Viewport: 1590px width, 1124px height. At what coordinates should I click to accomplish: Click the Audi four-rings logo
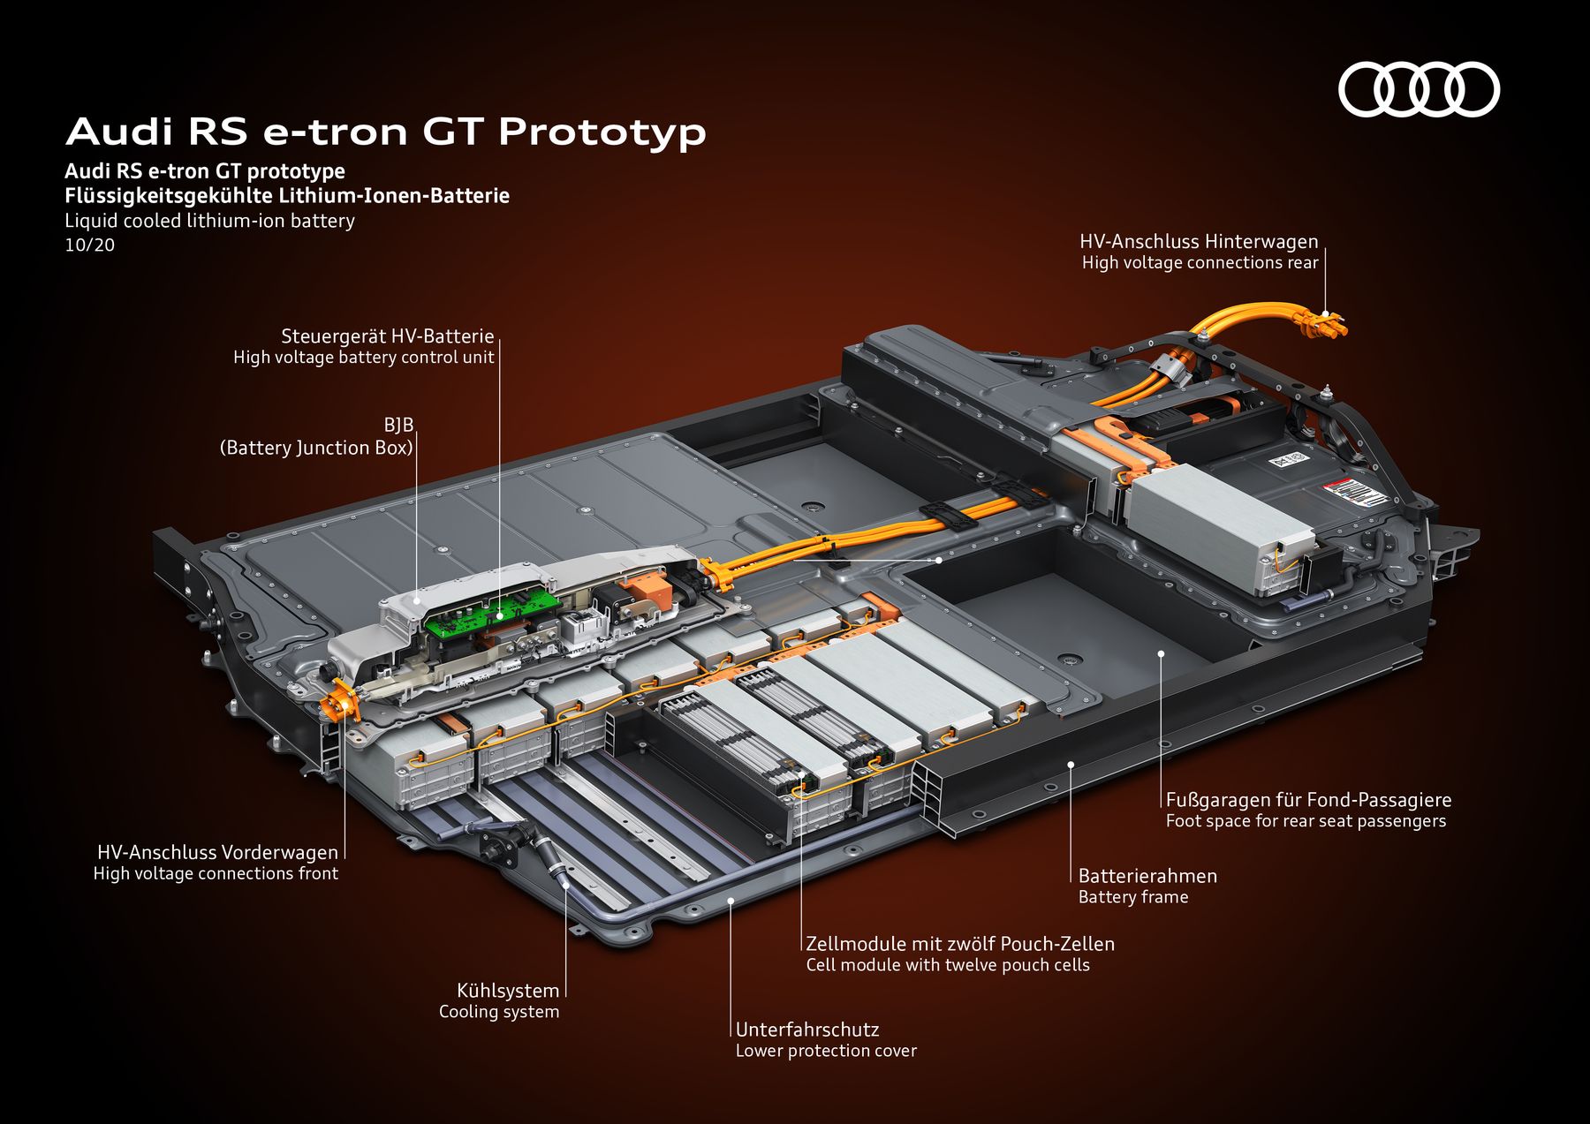pos(1419,89)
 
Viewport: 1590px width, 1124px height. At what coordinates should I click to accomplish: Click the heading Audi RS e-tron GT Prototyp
pos(386,132)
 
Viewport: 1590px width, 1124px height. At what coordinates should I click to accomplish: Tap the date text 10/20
pos(89,245)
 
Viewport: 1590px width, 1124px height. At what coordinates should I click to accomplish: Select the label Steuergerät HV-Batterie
pos(387,336)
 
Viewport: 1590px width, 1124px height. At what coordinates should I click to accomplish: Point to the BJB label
pos(398,426)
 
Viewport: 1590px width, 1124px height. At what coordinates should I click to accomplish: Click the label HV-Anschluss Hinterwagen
pos(1199,242)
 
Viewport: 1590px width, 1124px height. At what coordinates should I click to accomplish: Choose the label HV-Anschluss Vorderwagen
pos(217,852)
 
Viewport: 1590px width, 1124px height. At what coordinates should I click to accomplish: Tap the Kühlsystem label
pos(508,991)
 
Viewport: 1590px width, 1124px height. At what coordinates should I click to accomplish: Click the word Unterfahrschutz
pos(807,1030)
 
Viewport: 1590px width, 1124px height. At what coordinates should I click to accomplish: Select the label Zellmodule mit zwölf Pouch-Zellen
pos(960,944)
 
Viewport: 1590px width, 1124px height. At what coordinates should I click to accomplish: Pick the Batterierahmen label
pos(1147,876)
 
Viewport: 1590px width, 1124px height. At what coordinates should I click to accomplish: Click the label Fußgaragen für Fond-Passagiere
pos(1308,800)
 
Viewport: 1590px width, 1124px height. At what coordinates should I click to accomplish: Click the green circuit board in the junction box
pos(490,610)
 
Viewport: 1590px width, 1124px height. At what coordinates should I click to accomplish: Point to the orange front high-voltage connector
pos(339,705)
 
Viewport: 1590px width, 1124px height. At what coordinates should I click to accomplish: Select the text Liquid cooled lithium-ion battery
pos(209,221)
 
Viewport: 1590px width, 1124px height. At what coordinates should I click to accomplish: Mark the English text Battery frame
pos(1133,897)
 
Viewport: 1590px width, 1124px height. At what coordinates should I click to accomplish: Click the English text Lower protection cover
pos(826,1051)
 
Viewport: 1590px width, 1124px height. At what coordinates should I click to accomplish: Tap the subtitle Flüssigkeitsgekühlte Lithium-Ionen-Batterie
pos(287,196)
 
